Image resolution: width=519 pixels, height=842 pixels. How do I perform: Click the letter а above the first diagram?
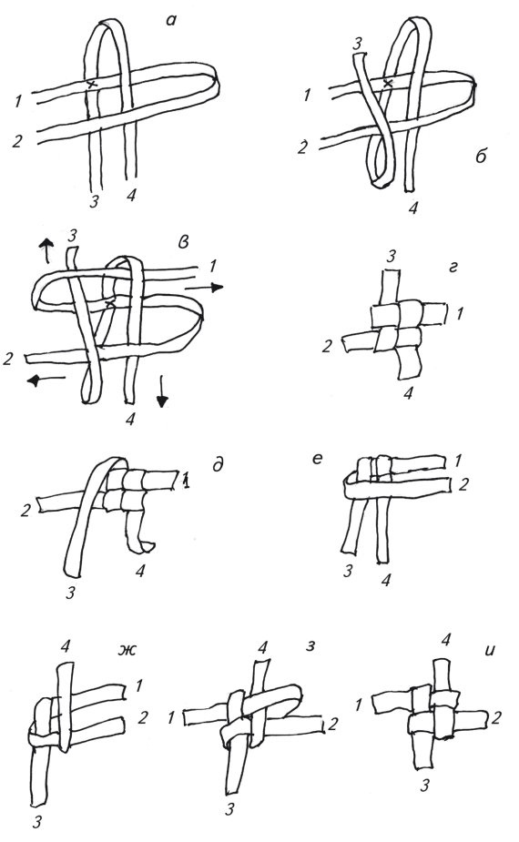(x=171, y=22)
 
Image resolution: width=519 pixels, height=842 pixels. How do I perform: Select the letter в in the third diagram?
(x=183, y=242)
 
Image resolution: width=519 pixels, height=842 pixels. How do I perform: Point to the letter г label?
(x=453, y=267)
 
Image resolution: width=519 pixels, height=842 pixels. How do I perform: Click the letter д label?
(x=218, y=465)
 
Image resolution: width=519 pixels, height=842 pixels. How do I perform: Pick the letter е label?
(x=317, y=458)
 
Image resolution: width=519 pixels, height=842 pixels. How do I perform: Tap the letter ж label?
(x=127, y=650)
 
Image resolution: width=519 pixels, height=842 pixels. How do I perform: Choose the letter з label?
(x=310, y=645)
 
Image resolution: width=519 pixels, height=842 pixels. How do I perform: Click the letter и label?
(x=490, y=651)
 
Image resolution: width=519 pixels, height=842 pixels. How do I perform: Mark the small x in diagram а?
(x=92, y=84)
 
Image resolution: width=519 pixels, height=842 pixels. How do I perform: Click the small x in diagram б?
(x=388, y=83)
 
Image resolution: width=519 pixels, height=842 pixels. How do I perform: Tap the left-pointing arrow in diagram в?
(x=46, y=380)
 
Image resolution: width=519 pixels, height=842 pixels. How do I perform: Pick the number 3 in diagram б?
(x=358, y=43)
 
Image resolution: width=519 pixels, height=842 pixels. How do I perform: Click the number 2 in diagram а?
(x=17, y=141)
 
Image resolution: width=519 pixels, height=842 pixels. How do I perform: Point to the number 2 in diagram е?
(x=463, y=485)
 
